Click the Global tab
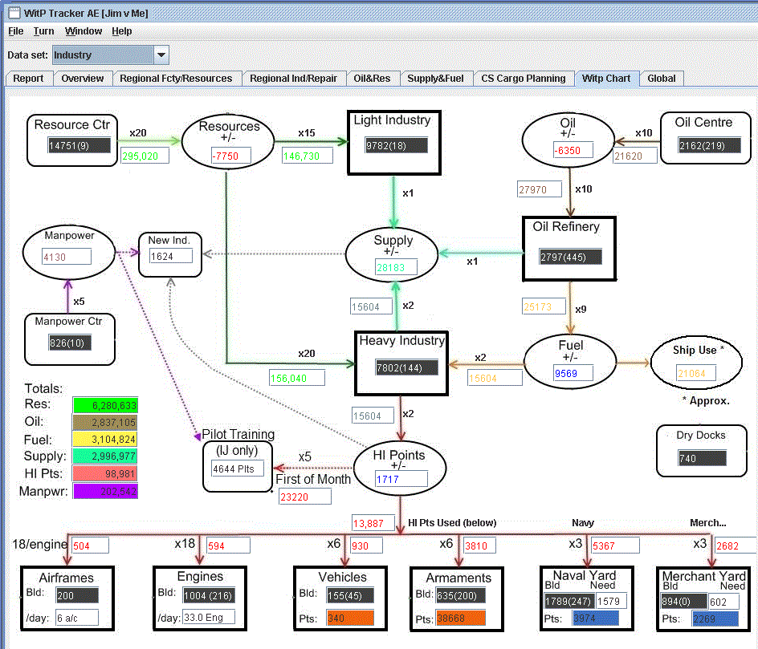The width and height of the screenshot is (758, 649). pyautogui.click(x=661, y=78)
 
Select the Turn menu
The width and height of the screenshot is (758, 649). pyautogui.click(x=43, y=31)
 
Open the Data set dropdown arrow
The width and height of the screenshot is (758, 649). pyautogui.click(x=161, y=55)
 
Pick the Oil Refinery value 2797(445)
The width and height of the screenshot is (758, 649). pyautogui.click(x=570, y=257)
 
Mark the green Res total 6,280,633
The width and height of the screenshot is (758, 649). pyautogui.click(x=104, y=404)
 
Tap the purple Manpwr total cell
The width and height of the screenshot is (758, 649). pyautogui.click(x=104, y=491)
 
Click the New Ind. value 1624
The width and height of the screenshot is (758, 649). pyautogui.click(x=171, y=256)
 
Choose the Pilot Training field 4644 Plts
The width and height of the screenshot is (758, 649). pyautogui.click(x=238, y=468)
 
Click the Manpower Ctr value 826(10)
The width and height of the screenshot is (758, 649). pyautogui.click(x=69, y=343)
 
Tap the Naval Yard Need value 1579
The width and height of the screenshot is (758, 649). pyautogui.click(x=610, y=601)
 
